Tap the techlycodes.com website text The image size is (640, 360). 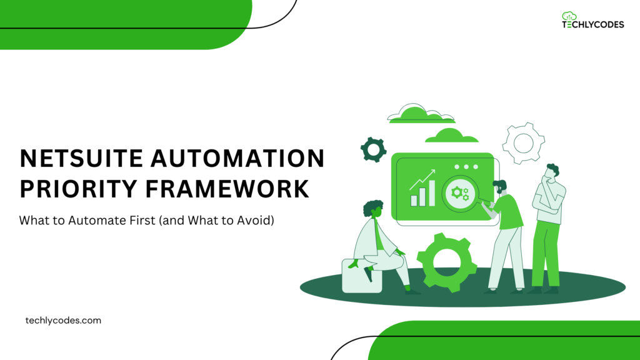tap(63, 320)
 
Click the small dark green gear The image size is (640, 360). tap(373, 149)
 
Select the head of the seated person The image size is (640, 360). tap(374, 210)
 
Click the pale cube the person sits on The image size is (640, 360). tap(354, 276)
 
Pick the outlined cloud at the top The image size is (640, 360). tap(421, 114)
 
